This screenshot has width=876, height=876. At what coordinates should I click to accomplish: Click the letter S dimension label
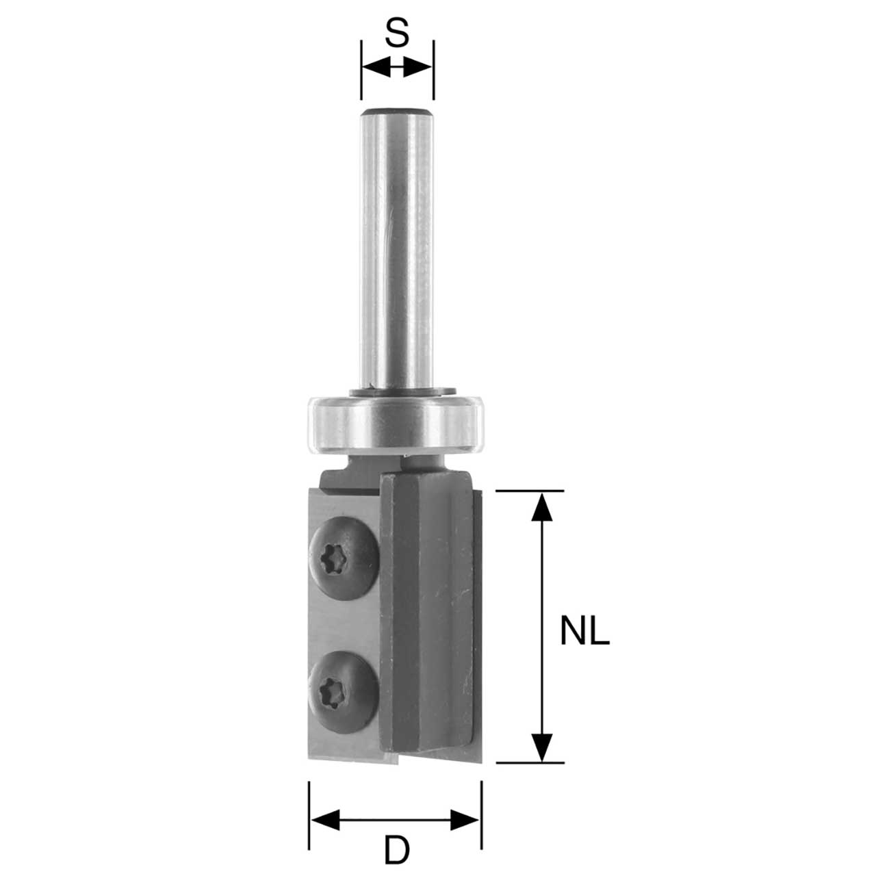click(397, 32)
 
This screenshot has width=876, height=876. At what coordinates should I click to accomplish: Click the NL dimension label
click(584, 631)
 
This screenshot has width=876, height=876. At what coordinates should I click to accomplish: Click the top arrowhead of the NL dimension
click(542, 506)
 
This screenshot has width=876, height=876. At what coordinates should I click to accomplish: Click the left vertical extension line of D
click(309, 814)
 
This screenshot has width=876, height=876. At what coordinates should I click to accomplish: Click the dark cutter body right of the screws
click(424, 616)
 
